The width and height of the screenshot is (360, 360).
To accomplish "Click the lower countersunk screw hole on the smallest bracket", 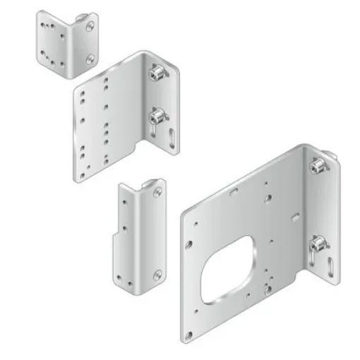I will pyautogui.click(x=90, y=60).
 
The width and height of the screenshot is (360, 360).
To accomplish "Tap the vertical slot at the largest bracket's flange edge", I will pyautogui.click(x=332, y=269).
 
